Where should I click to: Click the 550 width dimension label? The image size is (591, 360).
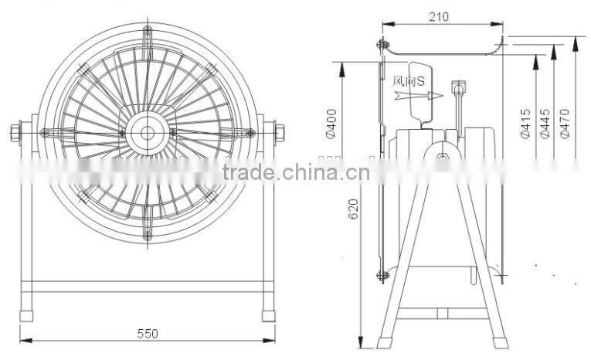[148, 334]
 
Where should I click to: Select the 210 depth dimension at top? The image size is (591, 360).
[441, 17]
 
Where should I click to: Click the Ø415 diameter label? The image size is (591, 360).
[525, 124]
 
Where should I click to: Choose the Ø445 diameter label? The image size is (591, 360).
[545, 124]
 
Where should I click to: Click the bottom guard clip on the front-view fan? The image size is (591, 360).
[147, 234]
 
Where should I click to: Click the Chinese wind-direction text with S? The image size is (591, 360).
[409, 80]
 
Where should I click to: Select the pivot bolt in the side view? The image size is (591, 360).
[441, 158]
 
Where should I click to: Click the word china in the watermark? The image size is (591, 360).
[306, 172]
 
